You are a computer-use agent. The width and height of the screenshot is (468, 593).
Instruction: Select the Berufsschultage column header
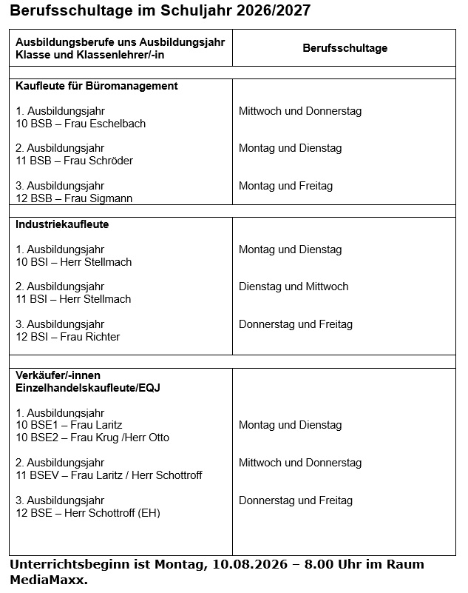345,48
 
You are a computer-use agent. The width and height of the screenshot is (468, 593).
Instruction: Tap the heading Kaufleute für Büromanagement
97,86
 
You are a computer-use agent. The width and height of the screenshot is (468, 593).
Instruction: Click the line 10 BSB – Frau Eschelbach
81,124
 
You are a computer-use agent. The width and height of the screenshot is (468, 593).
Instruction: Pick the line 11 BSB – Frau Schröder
74,161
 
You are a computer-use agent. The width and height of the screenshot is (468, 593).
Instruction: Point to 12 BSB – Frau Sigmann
74,198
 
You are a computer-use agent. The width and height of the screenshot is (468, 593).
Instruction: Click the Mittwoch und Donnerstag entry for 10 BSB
300,111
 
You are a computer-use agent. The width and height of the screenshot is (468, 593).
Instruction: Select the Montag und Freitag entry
285,186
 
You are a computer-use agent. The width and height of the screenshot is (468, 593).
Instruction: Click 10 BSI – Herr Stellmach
73,262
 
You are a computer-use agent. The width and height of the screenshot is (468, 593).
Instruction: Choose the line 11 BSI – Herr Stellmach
73,299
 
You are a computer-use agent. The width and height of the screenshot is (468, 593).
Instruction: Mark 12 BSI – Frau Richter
67,337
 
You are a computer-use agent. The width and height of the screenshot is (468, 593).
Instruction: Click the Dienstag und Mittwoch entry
294,287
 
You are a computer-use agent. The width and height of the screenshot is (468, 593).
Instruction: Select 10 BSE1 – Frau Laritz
69,425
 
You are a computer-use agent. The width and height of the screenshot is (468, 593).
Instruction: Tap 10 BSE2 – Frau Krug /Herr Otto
92,438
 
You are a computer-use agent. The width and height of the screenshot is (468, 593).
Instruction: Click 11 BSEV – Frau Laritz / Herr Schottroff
109,475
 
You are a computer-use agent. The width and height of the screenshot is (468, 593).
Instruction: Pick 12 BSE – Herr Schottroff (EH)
88,513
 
